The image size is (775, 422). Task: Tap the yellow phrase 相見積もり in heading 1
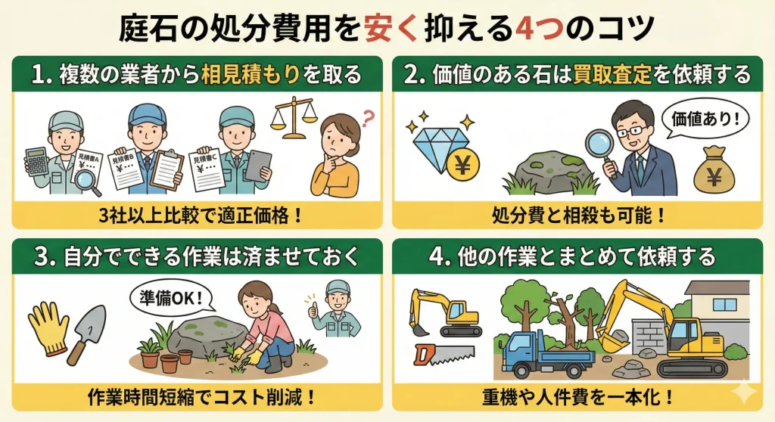[250, 75]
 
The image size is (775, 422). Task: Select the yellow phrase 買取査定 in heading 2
[612, 75]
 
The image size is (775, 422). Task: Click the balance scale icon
[293, 117]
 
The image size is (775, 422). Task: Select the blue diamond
[438, 144]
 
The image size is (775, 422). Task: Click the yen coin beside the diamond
[462, 165]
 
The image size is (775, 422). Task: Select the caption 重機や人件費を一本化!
[577, 397]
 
